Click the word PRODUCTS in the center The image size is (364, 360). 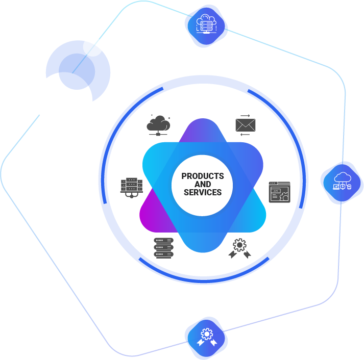[203, 176]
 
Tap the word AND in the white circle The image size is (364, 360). [203, 184]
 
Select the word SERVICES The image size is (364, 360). [203, 193]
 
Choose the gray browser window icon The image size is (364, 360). [279, 192]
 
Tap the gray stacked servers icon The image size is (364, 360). [163, 248]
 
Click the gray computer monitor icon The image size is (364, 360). [131, 187]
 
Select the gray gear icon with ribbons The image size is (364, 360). [239, 248]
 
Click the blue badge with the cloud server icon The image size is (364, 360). [206, 25]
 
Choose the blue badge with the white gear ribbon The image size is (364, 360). [206, 336]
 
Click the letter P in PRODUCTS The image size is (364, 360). [184, 176]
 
